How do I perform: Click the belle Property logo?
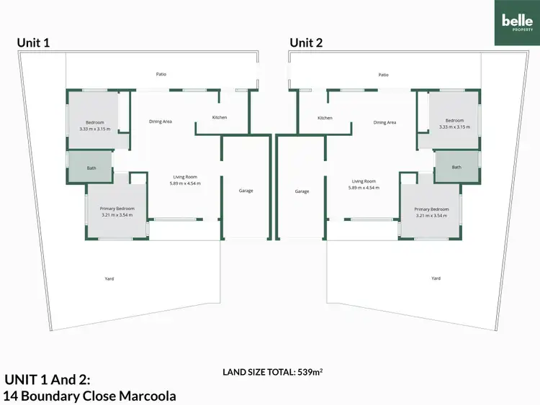[x=517, y=22]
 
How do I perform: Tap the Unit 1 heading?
[x=34, y=43]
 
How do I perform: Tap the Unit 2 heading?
[x=307, y=43]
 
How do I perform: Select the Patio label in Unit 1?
[x=162, y=74]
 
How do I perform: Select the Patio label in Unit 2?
[x=383, y=74]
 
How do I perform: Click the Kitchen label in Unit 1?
[x=220, y=118]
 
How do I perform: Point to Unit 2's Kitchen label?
[x=325, y=118]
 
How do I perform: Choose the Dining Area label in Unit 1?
[x=160, y=122]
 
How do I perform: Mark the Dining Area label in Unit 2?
[x=384, y=122]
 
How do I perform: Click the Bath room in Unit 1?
[x=91, y=168]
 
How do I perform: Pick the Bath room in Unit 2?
[x=456, y=167]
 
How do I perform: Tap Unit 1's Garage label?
[x=246, y=191]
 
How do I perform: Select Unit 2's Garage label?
[x=302, y=191]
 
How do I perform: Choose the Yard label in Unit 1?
[x=109, y=278]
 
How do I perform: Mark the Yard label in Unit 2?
[x=435, y=278]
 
